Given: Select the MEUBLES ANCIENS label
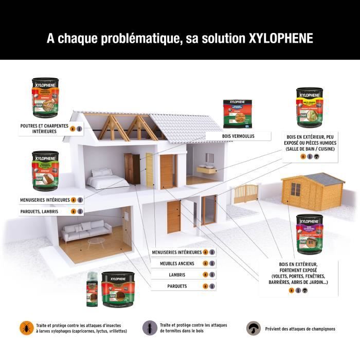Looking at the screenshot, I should pos(177,263).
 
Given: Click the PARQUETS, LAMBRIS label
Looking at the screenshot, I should pos(39,211).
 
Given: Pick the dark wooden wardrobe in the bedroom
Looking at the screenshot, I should pos(132,169).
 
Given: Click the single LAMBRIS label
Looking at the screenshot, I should pos(177,275).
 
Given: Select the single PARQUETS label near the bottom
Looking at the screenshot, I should pos(177,286).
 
